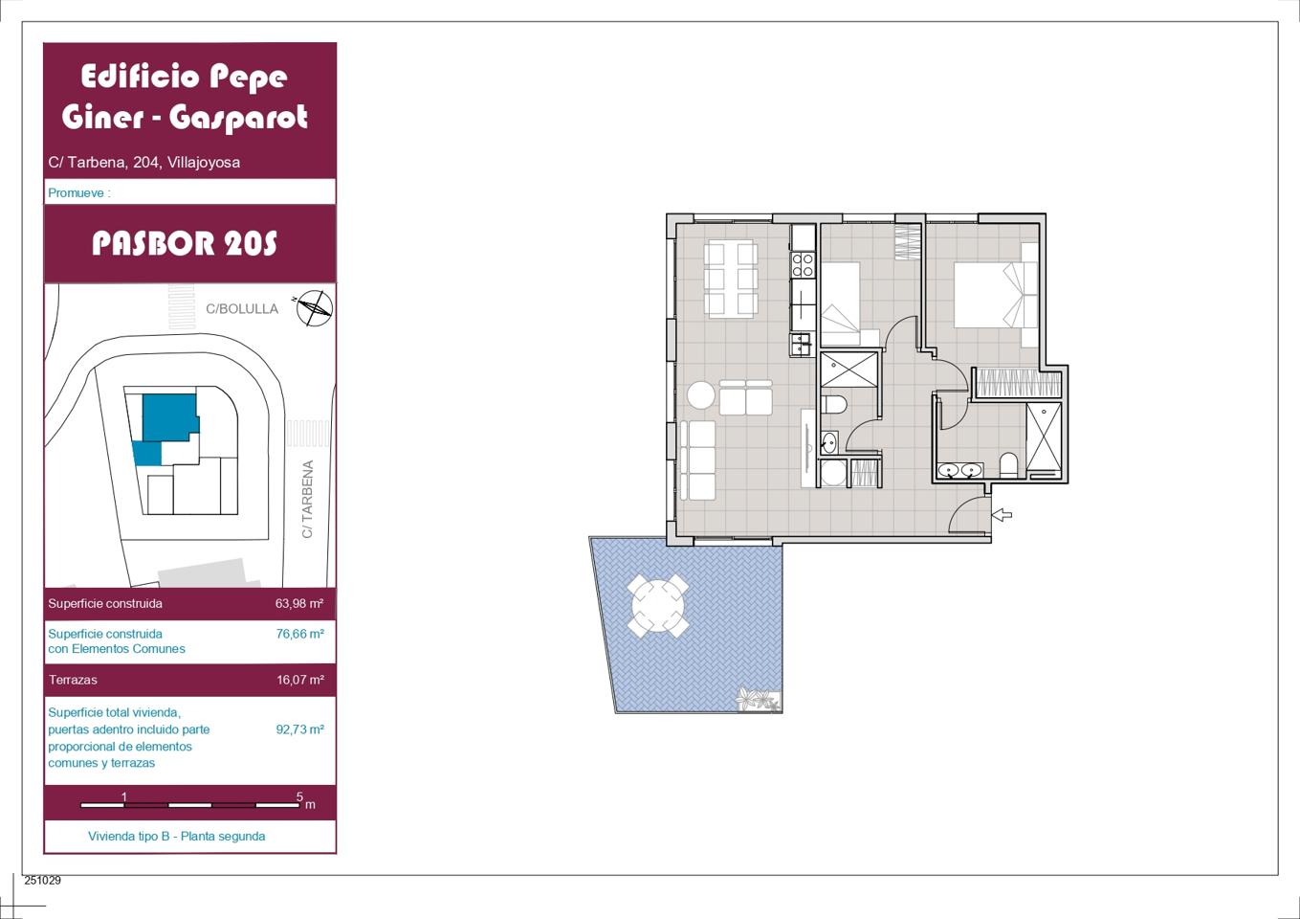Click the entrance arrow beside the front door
1003,514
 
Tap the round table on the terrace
657,605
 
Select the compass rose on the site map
315,308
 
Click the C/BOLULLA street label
242,308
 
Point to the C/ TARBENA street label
307,499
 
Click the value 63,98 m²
298,603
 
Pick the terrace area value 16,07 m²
300,680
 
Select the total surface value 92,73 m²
299,729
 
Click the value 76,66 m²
299,634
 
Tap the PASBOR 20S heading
185,243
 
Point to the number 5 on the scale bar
299,796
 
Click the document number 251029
42,880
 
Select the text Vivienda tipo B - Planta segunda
176,836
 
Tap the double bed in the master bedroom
996,295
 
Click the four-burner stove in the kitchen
803,265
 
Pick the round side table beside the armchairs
701,395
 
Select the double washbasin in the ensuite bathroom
959,470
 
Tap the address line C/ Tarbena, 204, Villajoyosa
143,162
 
